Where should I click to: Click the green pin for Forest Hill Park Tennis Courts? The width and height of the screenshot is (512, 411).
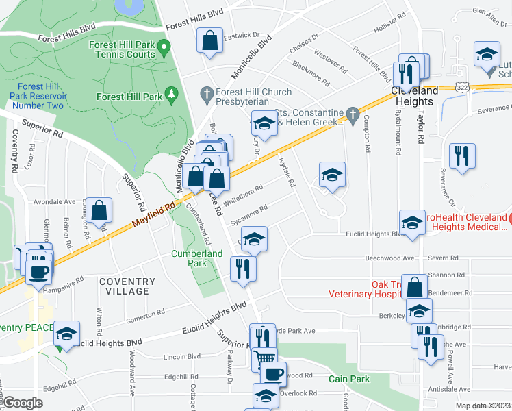click(164, 48)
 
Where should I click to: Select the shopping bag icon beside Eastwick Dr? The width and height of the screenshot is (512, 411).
click(209, 41)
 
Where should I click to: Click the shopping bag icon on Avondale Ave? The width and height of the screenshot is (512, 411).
click(99, 210)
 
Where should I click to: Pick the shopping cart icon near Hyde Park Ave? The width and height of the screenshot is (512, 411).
click(264, 358)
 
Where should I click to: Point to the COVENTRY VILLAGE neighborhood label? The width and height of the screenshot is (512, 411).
click(124, 286)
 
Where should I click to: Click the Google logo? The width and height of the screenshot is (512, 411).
click(23, 403)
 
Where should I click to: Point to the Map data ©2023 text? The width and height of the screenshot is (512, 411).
click(483, 406)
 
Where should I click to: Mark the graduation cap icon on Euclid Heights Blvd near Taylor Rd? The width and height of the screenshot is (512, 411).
click(413, 223)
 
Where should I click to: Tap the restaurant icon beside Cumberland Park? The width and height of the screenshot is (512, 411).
click(243, 268)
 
